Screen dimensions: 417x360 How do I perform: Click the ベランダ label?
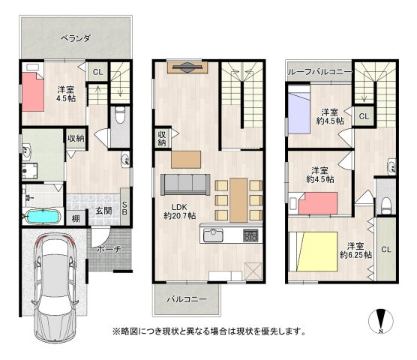click(76, 38)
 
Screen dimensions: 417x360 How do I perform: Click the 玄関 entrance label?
click(103, 211)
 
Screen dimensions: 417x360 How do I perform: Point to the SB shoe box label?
click(124, 208)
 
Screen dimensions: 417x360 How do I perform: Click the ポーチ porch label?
click(109, 249)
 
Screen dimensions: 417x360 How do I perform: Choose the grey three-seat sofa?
click(185, 184)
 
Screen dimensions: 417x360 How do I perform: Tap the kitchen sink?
click(213, 235)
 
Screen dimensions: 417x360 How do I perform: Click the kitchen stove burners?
click(250, 235)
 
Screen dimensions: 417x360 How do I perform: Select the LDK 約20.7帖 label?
click(180, 211)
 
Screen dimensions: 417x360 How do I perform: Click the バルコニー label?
click(187, 299)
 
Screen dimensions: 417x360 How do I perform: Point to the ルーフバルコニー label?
click(320, 72)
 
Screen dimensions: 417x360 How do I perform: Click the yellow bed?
click(316, 251)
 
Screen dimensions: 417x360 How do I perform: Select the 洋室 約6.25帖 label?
click(355, 250)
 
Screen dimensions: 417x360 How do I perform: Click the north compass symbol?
click(381, 321)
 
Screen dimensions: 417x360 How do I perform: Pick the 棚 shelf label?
click(76, 219)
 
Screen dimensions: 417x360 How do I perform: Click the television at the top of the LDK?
click(187, 67)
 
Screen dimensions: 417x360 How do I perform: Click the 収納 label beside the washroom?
click(76, 138)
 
